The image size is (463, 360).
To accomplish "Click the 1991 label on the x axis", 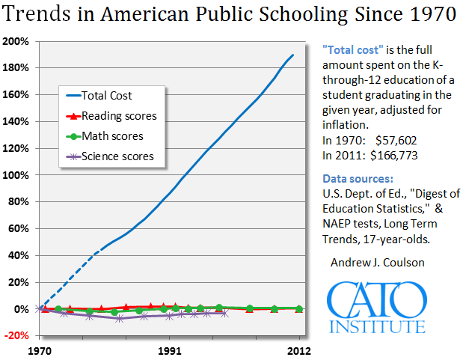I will [170, 350].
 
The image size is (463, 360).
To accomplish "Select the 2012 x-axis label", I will [299, 350].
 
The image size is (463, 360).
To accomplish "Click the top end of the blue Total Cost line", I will [292, 55].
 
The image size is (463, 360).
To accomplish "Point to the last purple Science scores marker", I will [225, 313].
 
